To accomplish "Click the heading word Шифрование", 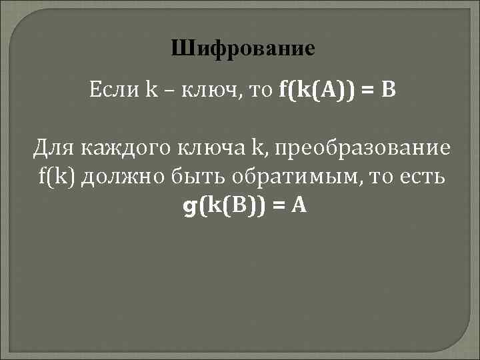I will click(241, 49).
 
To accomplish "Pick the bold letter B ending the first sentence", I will click(388, 89).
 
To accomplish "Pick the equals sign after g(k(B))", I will click(279, 207).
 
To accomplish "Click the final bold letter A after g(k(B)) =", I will click(299, 207).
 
